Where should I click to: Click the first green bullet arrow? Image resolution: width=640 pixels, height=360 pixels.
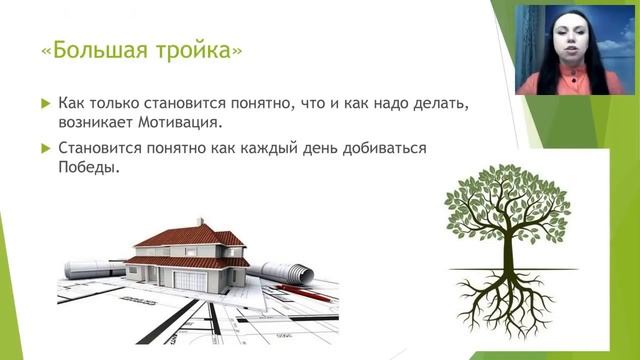point(44,103)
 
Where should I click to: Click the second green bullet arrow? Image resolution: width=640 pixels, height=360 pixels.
point(44,148)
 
